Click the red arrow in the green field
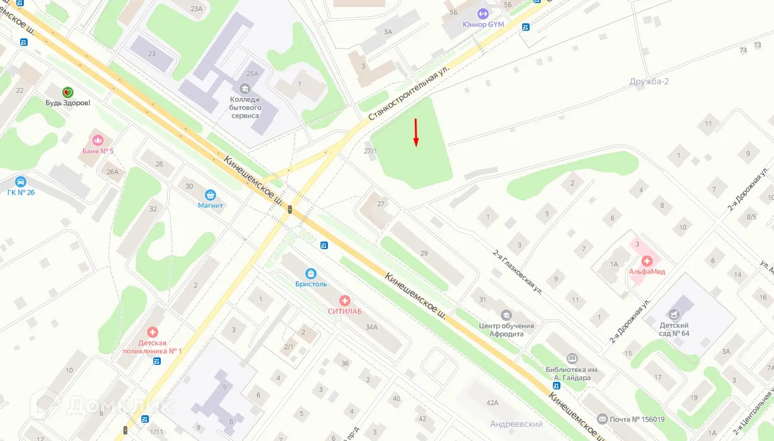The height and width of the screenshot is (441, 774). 415,133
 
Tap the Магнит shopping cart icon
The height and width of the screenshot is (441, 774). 210,194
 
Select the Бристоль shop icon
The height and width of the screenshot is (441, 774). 310,273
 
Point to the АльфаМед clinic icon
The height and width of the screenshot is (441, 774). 646,261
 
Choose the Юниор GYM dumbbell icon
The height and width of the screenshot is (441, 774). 482,14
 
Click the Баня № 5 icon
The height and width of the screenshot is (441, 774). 98,140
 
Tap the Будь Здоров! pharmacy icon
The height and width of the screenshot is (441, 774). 67,92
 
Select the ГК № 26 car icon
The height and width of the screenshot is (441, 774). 21,182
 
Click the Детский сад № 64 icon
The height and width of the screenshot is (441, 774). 673,314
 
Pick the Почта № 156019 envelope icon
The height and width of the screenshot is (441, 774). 602,419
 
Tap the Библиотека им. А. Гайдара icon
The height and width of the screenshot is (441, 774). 572,358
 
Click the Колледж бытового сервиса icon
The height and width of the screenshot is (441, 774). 245,88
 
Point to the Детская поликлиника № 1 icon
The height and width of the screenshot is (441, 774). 153,332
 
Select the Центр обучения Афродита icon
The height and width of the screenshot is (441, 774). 506,315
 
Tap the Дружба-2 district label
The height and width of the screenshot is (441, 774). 650,82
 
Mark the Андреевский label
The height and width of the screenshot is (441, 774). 516,424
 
